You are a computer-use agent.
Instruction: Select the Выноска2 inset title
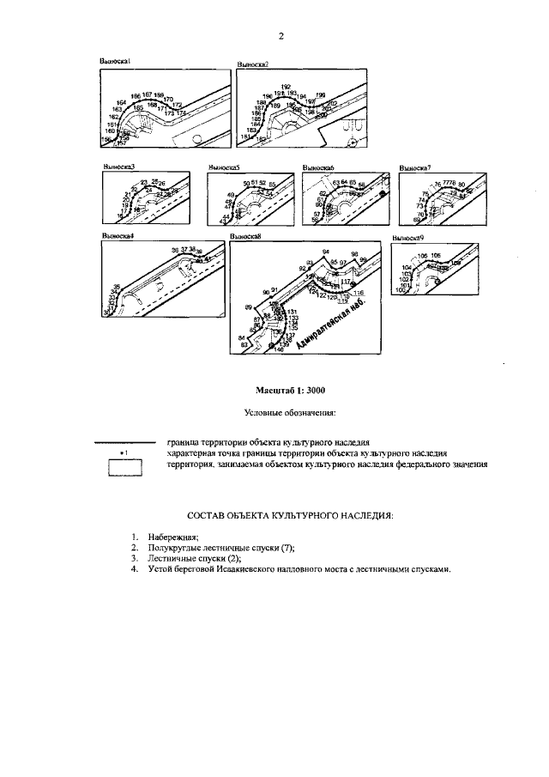click(x=252, y=64)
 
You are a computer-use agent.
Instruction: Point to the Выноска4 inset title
click(x=118, y=236)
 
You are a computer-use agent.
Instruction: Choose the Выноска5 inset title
click(x=223, y=167)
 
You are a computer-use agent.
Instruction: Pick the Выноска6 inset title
click(x=318, y=167)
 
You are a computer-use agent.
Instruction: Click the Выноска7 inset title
click(x=415, y=167)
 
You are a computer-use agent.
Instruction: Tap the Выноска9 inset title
click(x=408, y=236)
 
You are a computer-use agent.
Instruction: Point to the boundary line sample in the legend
click(x=124, y=440)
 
